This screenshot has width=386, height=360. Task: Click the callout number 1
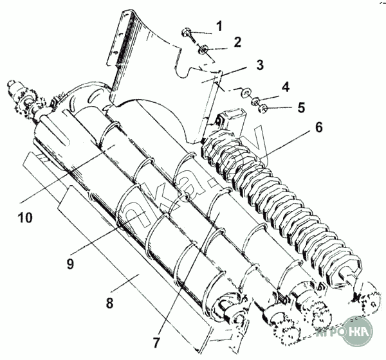(x=219, y=26)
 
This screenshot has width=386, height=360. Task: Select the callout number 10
(x=25, y=218)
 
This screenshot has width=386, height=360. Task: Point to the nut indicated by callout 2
(x=203, y=49)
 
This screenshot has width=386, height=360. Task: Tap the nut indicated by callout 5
(x=262, y=107)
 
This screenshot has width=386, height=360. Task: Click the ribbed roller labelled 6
(x=277, y=206)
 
